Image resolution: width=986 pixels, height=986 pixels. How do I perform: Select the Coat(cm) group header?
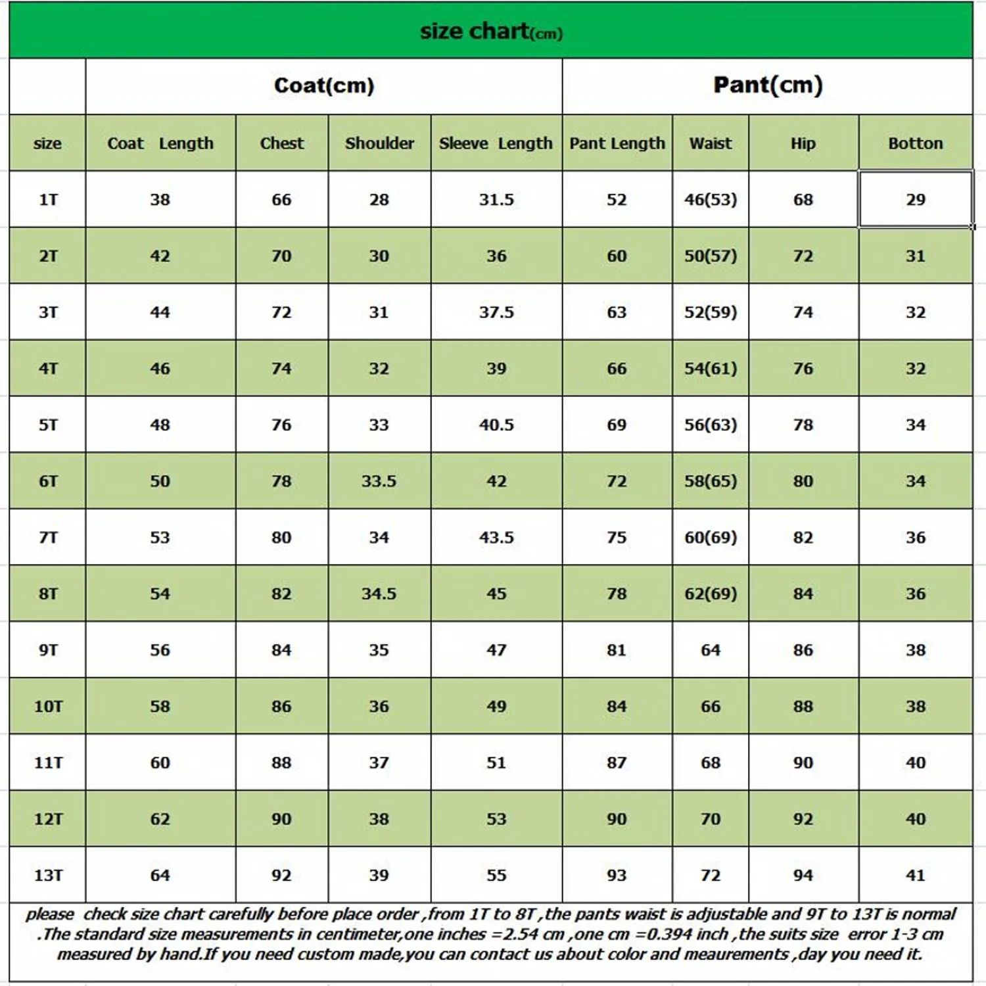tap(324, 85)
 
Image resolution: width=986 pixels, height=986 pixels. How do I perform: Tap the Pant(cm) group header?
tap(768, 85)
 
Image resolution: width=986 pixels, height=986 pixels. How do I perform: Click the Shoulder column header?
tap(379, 143)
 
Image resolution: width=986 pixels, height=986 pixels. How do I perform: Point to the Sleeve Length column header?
tap(496, 143)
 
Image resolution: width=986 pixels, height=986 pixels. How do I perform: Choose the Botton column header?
tap(915, 143)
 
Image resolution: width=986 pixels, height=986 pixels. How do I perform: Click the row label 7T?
tap(48, 538)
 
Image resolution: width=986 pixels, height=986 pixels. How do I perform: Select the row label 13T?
tap(48, 876)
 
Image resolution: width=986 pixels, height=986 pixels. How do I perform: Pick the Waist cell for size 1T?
tap(710, 200)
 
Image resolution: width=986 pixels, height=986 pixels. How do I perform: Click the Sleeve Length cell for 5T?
tap(496, 425)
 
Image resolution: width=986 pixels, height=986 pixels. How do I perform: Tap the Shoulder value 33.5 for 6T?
tap(379, 481)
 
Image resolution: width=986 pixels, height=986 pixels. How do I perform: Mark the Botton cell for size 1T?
tap(915, 200)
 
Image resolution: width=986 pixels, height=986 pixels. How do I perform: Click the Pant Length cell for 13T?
tap(617, 876)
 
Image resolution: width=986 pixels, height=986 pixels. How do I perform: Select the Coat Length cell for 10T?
tap(160, 707)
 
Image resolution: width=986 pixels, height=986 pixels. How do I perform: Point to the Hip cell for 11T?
tap(803, 763)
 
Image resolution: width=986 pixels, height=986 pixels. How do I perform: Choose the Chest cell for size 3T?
tap(281, 312)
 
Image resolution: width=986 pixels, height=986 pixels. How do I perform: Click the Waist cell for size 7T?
tap(710, 538)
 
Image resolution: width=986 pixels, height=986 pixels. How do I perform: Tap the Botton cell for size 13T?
tap(915, 876)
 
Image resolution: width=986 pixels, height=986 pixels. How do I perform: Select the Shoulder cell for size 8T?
tap(379, 594)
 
